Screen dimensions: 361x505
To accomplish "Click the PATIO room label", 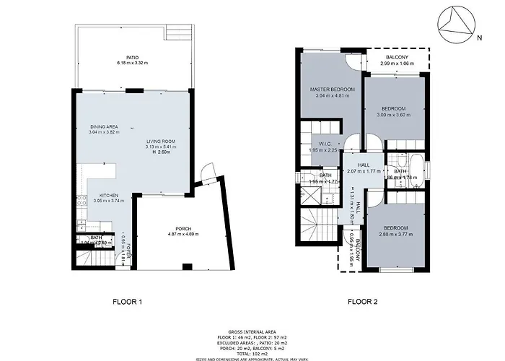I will click(x=132, y=57).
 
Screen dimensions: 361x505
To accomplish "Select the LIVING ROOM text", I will click(x=160, y=141).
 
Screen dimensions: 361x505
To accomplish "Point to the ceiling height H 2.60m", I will click(x=160, y=153).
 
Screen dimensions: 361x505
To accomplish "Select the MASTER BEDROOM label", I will click(x=333, y=90).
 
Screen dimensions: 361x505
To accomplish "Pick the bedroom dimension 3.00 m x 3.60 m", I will click(x=393, y=114).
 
